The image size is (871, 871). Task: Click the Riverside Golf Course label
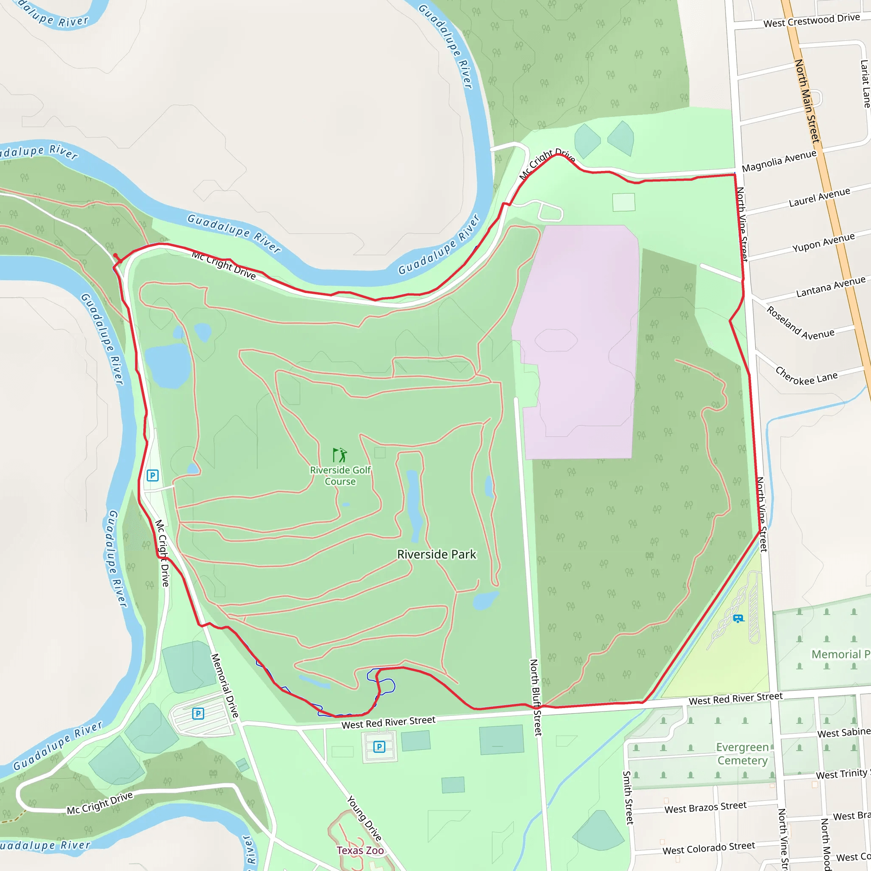coord(340,475)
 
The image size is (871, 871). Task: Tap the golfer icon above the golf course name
coord(340,455)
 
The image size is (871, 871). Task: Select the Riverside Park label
coord(436,555)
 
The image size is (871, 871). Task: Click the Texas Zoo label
coord(360,850)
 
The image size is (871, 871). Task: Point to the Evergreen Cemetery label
coord(742,754)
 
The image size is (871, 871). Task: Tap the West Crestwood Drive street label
coord(811,20)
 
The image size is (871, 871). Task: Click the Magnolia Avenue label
coord(779,161)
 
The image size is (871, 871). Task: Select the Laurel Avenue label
coord(819,197)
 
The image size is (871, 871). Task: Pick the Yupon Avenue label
coord(823,242)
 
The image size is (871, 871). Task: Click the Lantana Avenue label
coord(831,287)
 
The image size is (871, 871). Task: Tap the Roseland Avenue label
coord(800,323)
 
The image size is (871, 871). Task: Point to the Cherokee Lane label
coord(806,376)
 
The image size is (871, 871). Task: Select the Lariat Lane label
coord(865,84)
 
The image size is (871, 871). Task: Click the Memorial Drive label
coord(225,685)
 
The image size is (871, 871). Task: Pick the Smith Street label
coord(627,797)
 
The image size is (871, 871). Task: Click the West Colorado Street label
coord(708,848)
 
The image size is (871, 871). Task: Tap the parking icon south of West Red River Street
coord(379,746)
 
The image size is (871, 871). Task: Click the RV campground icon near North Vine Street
coord(738,618)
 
